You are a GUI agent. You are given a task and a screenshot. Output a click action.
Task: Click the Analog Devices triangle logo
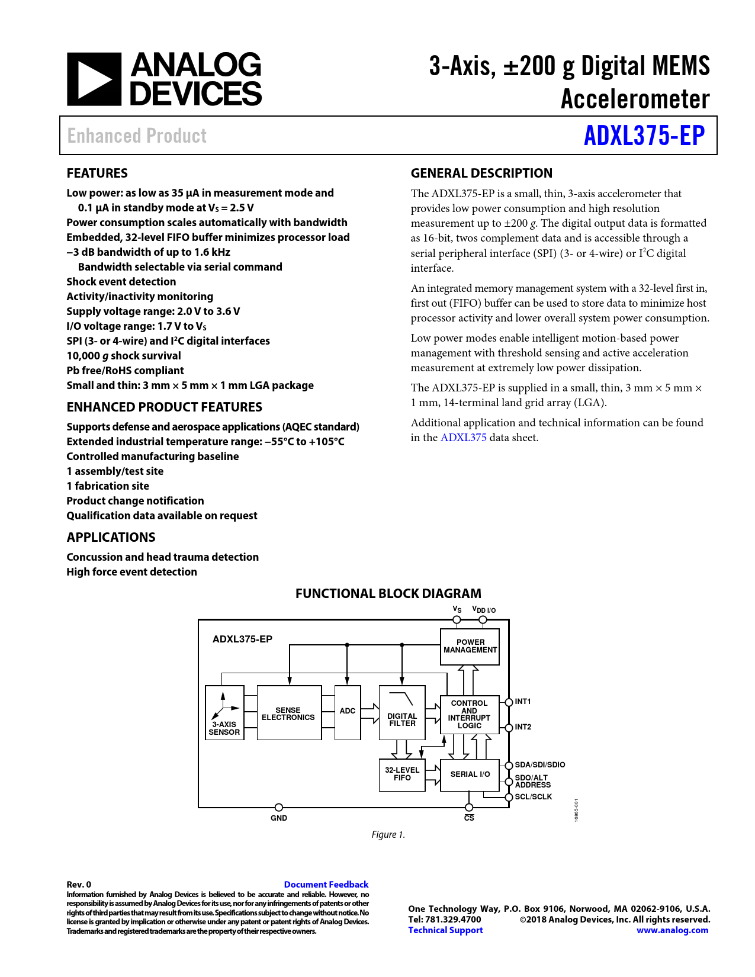point(94,79)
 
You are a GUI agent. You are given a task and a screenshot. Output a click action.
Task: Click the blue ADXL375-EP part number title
point(644,136)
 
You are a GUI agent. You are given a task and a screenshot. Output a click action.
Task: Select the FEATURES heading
point(97,173)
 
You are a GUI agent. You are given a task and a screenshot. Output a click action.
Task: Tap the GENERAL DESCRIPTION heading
point(481,173)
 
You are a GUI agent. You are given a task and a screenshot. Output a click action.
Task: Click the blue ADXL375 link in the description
point(463,438)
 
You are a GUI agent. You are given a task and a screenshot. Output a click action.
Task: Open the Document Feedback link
point(326,884)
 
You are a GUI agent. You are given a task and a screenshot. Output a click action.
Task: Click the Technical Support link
point(445,930)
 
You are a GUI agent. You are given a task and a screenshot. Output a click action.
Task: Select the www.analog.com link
point(672,930)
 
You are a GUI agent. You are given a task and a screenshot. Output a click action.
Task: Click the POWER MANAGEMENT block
point(470,647)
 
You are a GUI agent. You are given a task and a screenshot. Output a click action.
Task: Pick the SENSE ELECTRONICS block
point(289,713)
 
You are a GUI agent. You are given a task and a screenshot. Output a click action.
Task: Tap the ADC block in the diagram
point(348,712)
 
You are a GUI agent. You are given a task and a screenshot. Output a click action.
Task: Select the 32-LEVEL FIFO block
point(402,774)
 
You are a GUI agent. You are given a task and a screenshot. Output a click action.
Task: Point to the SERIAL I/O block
point(470,774)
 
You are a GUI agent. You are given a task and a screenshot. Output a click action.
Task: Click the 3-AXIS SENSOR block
point(224,713)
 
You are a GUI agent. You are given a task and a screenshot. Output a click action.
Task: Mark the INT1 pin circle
point(509,702)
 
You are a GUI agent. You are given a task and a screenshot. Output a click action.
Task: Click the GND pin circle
point(279,807)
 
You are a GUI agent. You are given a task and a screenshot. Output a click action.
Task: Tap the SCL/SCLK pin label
point(533,797)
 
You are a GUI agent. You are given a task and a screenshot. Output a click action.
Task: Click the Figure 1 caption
point(388,835)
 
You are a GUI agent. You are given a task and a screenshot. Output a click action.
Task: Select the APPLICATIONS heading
point(111,537)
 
